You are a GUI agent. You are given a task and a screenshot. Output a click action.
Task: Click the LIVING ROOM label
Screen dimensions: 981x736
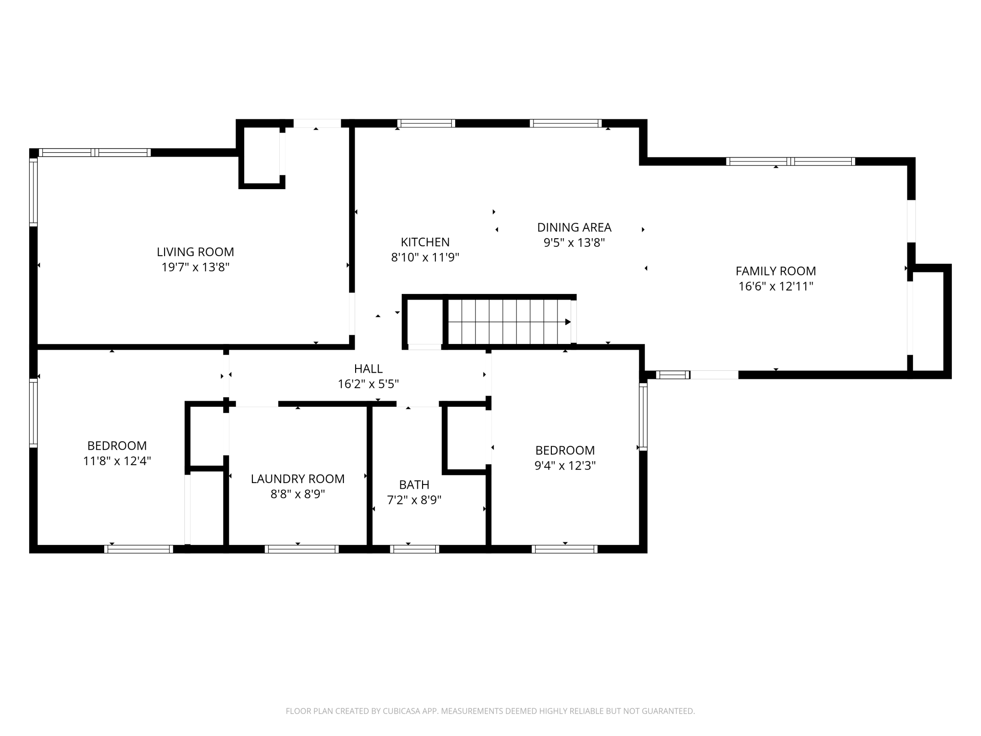pos(195,252)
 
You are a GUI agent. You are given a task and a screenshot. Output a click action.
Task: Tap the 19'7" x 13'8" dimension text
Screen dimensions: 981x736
pos(195,268)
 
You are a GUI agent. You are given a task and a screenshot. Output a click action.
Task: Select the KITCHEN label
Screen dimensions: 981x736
pos(425,242)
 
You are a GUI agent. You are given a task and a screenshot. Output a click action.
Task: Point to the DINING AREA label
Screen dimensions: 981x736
pos(574,227)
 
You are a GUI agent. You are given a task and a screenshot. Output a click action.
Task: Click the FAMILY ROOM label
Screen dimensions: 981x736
pos(775,271)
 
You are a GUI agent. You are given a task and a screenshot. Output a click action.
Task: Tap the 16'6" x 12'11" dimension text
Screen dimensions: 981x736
pos(775,286)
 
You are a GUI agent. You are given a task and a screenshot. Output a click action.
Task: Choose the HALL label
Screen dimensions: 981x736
pos(368,368)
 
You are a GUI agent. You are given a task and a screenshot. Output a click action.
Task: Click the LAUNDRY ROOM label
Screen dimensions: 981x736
pos(298,479)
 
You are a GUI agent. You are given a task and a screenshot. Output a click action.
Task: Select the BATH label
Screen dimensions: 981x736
pos(414,485)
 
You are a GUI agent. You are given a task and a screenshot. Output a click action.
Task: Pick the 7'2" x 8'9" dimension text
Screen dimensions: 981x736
pos(414,500)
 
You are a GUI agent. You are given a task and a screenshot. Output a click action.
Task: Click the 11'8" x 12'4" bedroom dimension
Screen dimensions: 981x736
pos(117,461)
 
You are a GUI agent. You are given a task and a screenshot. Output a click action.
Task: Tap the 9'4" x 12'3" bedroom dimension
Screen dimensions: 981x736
pos(565,466)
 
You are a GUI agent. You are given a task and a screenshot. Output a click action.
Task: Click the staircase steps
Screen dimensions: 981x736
pos(509,322)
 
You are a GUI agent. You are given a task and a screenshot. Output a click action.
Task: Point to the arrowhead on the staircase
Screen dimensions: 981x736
pos(568,322)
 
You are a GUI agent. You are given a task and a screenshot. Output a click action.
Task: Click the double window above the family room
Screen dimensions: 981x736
pos(790,161)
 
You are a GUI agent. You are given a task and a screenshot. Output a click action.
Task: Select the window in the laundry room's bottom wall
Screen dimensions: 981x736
pos(302,549)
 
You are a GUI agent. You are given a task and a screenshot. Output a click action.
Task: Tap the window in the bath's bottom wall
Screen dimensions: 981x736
pos(415,549)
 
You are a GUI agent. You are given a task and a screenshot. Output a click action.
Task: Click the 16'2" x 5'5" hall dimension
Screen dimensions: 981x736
pos(368,384)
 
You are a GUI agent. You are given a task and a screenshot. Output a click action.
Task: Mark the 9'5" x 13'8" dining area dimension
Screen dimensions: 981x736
pos(574,243)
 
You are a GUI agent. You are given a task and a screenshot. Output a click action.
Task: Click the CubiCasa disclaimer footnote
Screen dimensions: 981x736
pos(490,711)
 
